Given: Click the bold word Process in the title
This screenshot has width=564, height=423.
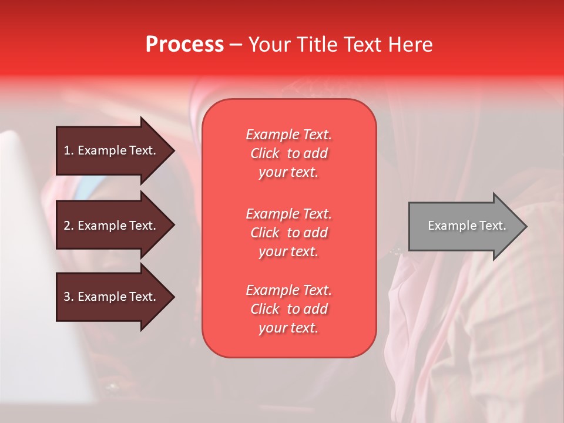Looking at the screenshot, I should (184, 45).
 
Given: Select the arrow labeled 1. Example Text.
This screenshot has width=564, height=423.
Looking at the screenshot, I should (112, 150).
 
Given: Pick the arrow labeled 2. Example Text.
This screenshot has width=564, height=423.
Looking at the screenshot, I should (112, 226).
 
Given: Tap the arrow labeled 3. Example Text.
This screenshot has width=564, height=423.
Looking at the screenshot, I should (112, 297).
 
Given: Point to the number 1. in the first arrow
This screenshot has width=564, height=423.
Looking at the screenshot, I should (69, 150).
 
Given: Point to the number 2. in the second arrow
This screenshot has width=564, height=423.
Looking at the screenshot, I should (69, 226).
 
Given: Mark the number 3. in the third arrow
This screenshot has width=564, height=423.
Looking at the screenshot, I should (69, 297).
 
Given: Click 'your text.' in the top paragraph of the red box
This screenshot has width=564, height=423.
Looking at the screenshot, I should (288, 172).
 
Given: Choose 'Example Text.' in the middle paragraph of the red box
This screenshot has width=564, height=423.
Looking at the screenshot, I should (288, 213).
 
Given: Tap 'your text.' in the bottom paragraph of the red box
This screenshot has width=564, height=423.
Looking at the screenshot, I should (288, 328).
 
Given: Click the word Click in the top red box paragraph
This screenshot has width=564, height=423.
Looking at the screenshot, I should (265, 153).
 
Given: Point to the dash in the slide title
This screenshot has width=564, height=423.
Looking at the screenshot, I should (236, 45).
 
